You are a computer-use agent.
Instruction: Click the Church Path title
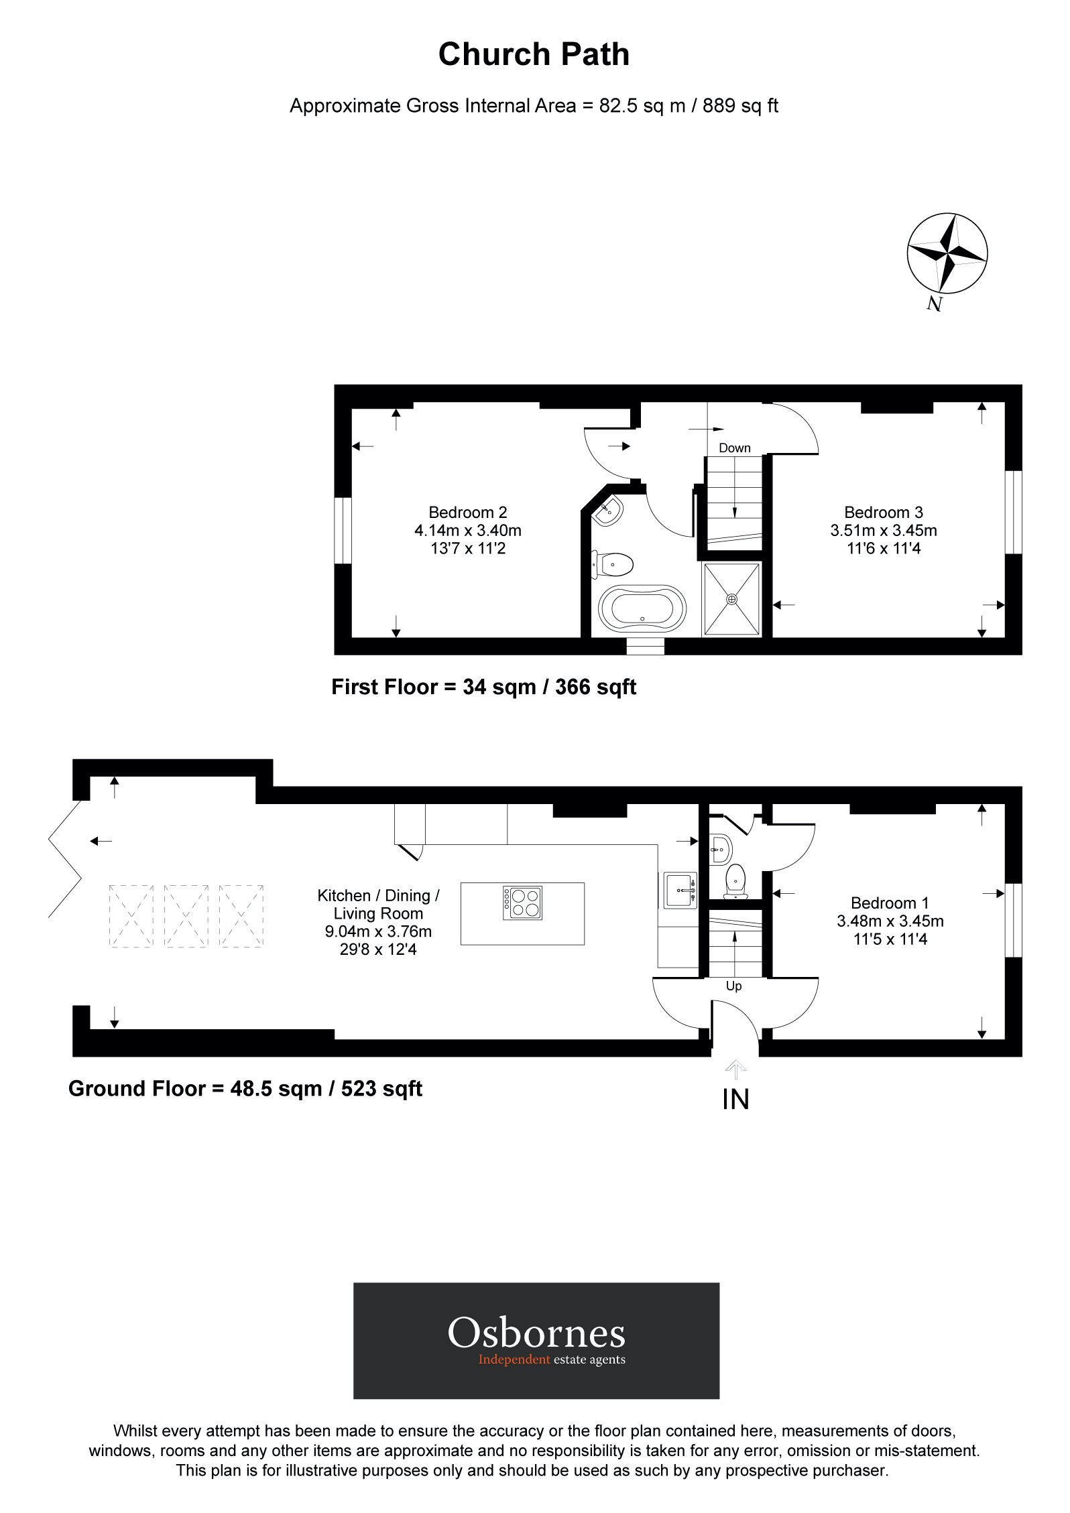(534, 55)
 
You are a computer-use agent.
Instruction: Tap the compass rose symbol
(947, 254)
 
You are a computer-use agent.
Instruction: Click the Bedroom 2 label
(467, 513)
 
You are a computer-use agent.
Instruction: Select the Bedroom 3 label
(883, 513)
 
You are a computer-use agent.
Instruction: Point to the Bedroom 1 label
(890, 903)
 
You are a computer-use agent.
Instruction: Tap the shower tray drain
(731, 599)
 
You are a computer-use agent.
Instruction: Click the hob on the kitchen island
(522, 903)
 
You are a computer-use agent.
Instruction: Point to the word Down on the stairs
(734, 448)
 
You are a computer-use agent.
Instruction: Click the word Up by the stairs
(733, 986)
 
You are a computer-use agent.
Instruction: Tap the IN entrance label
(735, 1100)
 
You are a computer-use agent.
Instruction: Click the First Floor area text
(483, 687)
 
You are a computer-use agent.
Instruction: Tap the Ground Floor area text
(245, 1088)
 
